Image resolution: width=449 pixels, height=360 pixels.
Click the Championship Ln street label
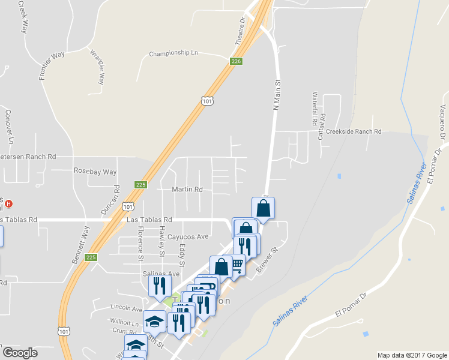point(173,53)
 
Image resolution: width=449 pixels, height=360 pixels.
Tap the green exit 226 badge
point(237,61)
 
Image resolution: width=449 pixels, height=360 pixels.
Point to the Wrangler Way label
point(97,65)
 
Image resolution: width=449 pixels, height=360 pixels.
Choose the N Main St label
point(277,95)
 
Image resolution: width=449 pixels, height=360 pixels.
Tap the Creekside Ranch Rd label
point(354,131)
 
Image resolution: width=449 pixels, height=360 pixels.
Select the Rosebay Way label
point(95,172)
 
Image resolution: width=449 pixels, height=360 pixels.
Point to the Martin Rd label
point(187,190)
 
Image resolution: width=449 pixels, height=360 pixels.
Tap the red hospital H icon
point(8,203)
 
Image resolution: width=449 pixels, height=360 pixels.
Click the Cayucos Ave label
point(188,236)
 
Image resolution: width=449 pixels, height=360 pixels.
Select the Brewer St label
point(268,259)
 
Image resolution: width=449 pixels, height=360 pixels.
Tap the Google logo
point(19,353)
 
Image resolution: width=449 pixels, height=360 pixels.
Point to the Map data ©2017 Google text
point(412,355)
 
